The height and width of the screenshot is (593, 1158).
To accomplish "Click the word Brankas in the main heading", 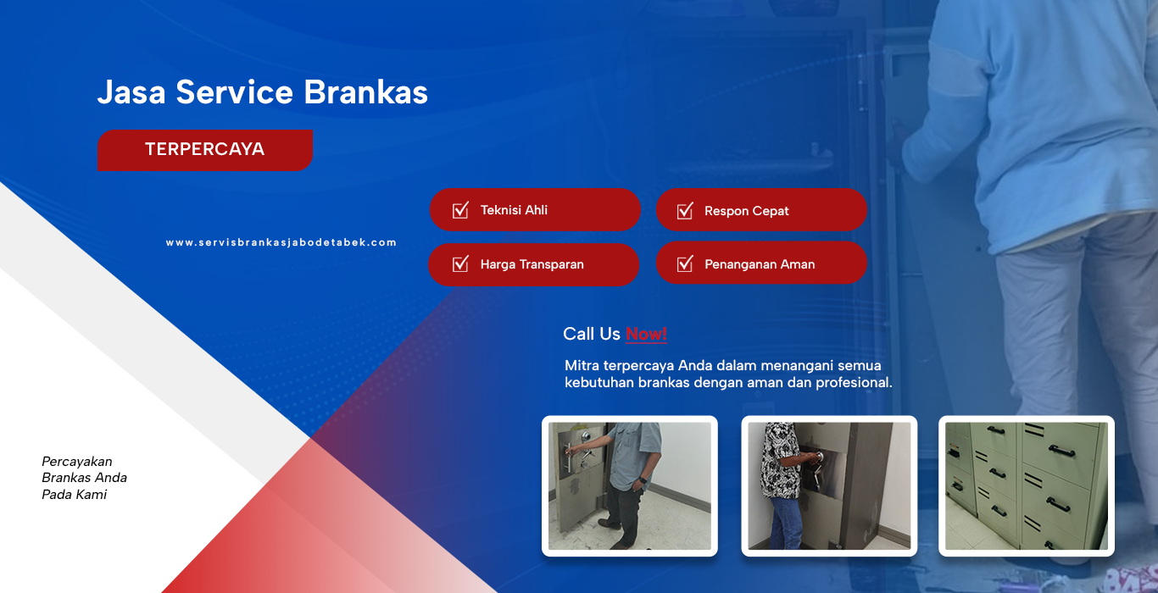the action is point(365,92).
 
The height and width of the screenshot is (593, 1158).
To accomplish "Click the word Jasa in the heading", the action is point(131,92).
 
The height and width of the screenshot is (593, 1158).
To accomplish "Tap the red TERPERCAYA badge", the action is point(204,150).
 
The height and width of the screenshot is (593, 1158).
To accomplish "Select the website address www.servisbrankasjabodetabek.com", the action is point(281,242).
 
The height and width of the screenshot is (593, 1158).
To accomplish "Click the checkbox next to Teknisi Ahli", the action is point(460,210).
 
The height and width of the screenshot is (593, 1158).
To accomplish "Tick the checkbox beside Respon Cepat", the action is point(684,210).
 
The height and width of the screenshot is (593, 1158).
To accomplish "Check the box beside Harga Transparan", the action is point(460,264).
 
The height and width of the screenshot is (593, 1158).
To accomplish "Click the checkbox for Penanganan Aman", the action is point(684,263).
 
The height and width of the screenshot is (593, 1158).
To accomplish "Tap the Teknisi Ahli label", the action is point(514,210).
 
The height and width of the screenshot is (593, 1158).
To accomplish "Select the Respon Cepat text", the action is point(747,211).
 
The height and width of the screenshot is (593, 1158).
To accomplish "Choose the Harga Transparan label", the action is point(532,264).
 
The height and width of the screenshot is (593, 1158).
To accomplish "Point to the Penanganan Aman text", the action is point(760,264).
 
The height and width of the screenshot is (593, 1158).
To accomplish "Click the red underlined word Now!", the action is point(646,335).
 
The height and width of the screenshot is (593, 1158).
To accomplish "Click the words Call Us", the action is point(592,335).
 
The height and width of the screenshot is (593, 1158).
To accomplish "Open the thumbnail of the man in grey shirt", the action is point(630,486).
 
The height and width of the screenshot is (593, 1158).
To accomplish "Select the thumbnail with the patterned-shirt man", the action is point(829,486).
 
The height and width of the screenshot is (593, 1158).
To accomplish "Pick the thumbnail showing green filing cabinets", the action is point(1026,486).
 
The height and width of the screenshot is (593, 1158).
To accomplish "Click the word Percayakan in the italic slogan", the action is point(77,462).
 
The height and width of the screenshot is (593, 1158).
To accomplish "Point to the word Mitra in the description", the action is point(582,366).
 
